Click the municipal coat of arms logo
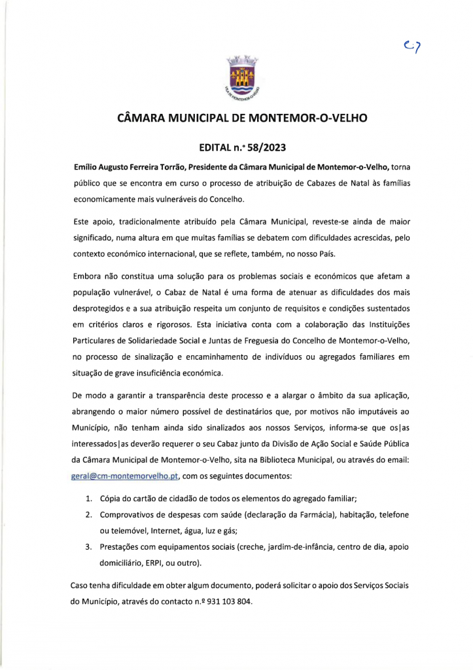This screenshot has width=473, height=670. click(x=243, y=81)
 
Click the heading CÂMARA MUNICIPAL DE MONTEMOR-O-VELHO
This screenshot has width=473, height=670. click(x=241, y=119)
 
